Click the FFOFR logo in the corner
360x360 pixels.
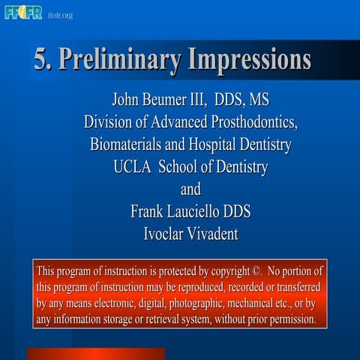[22, 13]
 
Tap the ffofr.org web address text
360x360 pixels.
[60, 14]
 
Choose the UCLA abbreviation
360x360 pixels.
[133, 167]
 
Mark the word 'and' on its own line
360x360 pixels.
[186, 190]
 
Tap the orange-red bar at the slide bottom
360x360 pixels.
[95, 354]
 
